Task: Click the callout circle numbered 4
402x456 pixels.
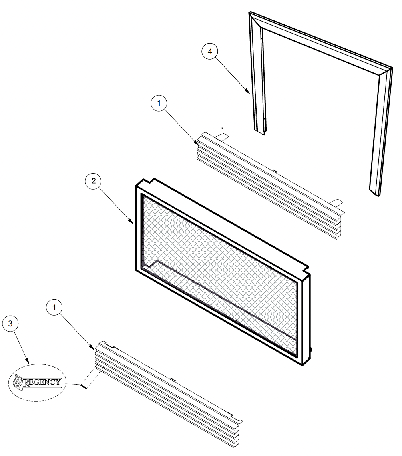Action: coord(210,52)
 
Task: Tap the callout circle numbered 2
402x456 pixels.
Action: coord(93,181)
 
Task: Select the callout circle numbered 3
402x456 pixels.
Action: coord(10,324)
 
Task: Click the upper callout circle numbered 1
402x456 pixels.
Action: coord(159,103)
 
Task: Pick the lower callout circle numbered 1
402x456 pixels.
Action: coord(54,307)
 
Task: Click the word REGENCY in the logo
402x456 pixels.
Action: coord(42,382)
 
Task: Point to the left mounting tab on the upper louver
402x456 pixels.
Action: coord(222,136)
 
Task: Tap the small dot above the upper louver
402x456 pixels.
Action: coord(222,128)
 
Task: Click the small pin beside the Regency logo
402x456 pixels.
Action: coord(84,386)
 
